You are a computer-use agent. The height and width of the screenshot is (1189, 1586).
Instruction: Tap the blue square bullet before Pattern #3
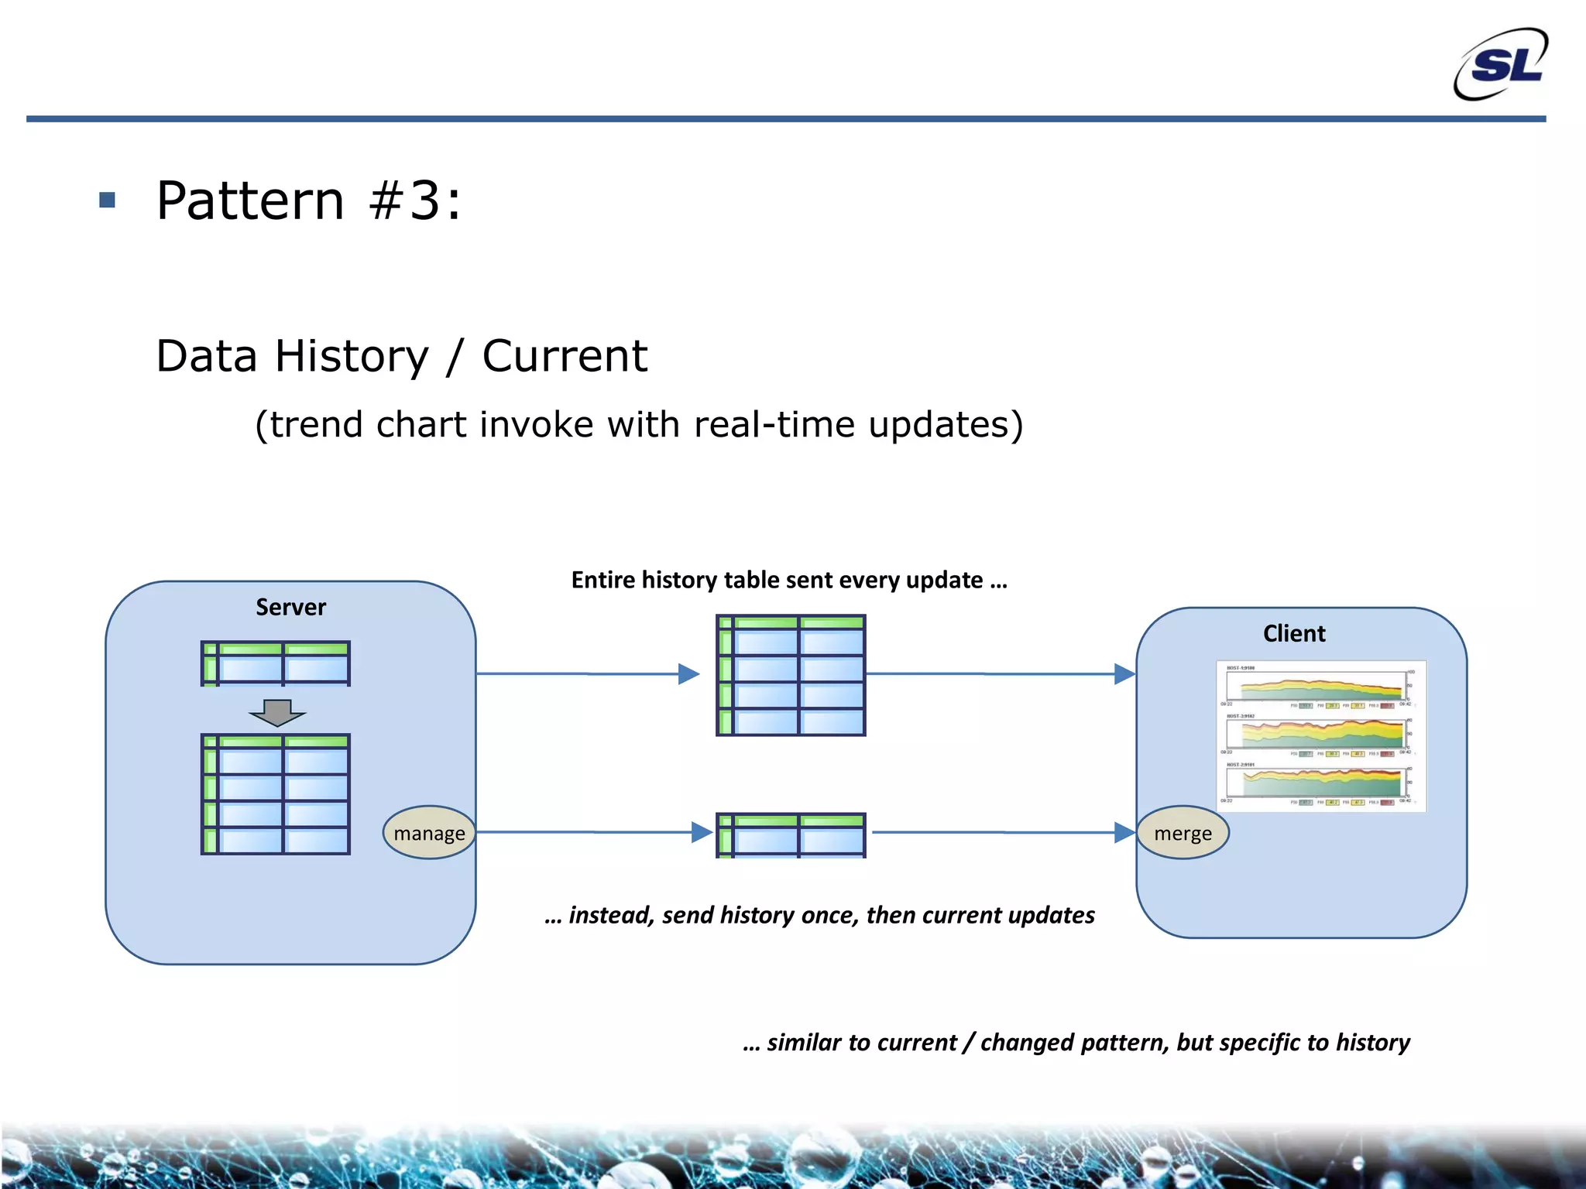(x=108, y=200)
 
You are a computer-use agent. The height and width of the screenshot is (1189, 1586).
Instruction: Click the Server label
(x=290, y=607)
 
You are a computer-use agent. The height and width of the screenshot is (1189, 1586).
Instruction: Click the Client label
(x=1293, y=633)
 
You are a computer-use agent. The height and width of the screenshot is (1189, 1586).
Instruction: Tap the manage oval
(x=429, y=833)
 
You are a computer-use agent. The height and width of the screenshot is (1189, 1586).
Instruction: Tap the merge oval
(x=1182, y=833)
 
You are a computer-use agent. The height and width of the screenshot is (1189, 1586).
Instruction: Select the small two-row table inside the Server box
(x=276, y=663)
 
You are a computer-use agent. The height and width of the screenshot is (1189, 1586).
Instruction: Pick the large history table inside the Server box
(x=276, y=794)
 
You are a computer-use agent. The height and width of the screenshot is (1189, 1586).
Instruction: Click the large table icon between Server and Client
(x=791, y=675)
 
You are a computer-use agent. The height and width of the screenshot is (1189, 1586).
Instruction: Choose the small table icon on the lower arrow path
(x=791, y=835)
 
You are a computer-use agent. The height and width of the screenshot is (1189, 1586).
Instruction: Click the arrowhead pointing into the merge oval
(x=1124, y=833)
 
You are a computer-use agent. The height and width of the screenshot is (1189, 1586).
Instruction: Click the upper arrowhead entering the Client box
(x=1124, y=674)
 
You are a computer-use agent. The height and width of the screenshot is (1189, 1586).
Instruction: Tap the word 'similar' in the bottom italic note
(x=804, y=1043)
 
